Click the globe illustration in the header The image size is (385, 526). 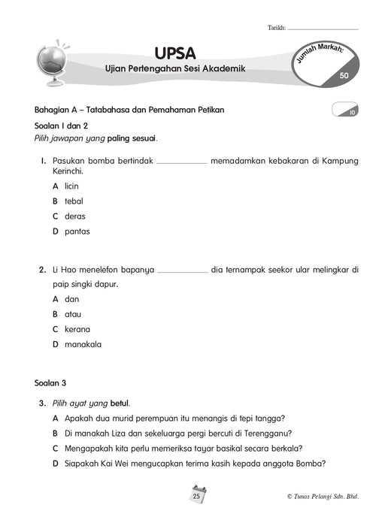(53, 63)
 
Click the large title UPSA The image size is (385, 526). (175, 52)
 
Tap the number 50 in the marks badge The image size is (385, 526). (344, 75)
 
